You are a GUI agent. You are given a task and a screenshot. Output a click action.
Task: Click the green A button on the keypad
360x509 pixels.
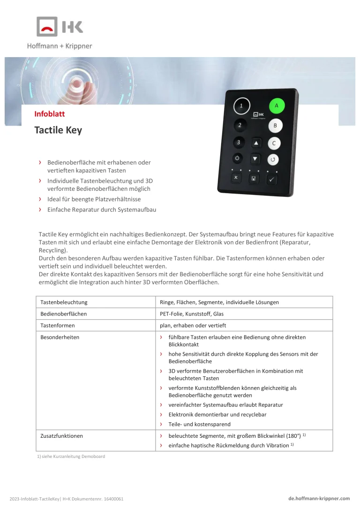pos(277,105)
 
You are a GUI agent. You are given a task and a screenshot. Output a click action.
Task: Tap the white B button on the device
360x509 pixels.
pos(275,126)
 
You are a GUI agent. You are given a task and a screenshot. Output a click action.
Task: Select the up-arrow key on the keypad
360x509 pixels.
pos(255,142)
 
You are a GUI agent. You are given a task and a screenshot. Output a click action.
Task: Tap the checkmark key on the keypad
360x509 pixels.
pos(272,180)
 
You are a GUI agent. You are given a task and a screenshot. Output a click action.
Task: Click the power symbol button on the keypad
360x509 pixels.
pos(238,158)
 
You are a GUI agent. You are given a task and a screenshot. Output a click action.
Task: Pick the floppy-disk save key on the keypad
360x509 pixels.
pos(254,179)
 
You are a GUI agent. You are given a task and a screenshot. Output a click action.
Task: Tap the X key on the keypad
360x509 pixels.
pos(236,178)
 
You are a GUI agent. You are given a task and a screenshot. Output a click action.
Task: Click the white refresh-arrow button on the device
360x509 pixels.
pos(274,160)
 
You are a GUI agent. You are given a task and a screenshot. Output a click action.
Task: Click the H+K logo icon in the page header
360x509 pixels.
pos(60,27)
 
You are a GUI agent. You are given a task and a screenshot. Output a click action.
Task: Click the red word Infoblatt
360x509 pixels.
pos(50,114)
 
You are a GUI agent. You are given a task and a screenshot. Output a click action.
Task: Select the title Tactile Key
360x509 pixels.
pos(58,130)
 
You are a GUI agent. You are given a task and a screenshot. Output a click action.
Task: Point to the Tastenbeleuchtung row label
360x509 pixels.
pos(64,302)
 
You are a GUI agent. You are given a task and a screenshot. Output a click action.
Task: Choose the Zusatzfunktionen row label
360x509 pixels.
pos(61,436)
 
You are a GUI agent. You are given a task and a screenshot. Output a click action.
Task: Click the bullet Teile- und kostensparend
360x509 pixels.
pos(199,424)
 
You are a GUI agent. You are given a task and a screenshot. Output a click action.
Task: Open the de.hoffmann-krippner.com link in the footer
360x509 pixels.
pos(319,498)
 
